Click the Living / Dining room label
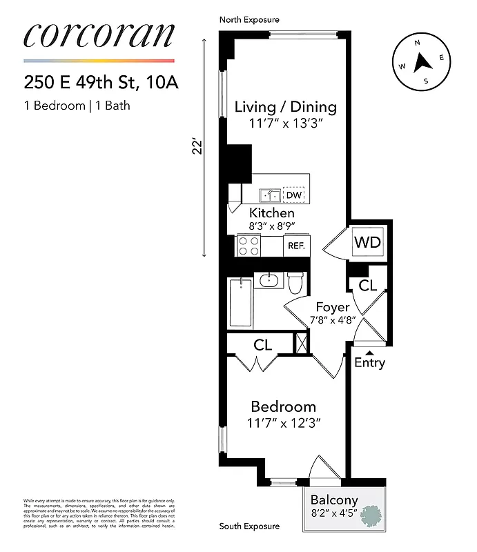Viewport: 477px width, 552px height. point(285,107)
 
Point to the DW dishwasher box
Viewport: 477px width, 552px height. point(294,195)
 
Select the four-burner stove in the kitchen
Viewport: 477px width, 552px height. point(249,246)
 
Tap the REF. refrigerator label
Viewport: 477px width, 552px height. point(297,246)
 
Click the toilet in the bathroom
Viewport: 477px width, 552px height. point(295,283)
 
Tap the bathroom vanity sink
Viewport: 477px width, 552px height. point(267,281)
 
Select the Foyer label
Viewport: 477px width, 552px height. point(333,307)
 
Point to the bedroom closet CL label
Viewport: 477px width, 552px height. point(262,344)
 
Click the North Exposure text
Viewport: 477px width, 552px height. point(249,20)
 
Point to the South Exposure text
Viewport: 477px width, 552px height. point(249,526)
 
